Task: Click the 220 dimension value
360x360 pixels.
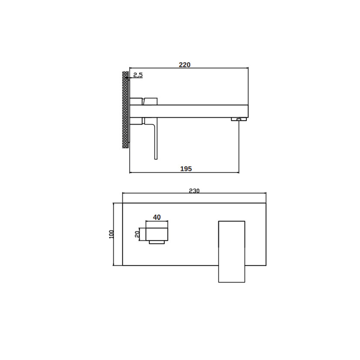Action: pyautogui.click(x=184, y=65)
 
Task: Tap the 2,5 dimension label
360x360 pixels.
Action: pyautogui.click(x=138, y=75)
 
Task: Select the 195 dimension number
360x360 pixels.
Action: pyautogui.click(x=186, y=169)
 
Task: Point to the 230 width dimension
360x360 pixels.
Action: pyautogui.click(x=194, y=191)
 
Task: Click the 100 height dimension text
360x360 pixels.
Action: pyautogui.click(x=111, y=234)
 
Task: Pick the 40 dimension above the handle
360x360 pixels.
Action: pyautogui.click(x=157, y=217)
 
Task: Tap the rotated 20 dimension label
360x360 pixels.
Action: pyautogui.click(x=137, y=234)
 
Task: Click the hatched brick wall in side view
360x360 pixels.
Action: pyautogui.click(x=125, y=110)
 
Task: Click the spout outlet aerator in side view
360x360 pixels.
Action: pyautogui.click(x=239, y=119)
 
